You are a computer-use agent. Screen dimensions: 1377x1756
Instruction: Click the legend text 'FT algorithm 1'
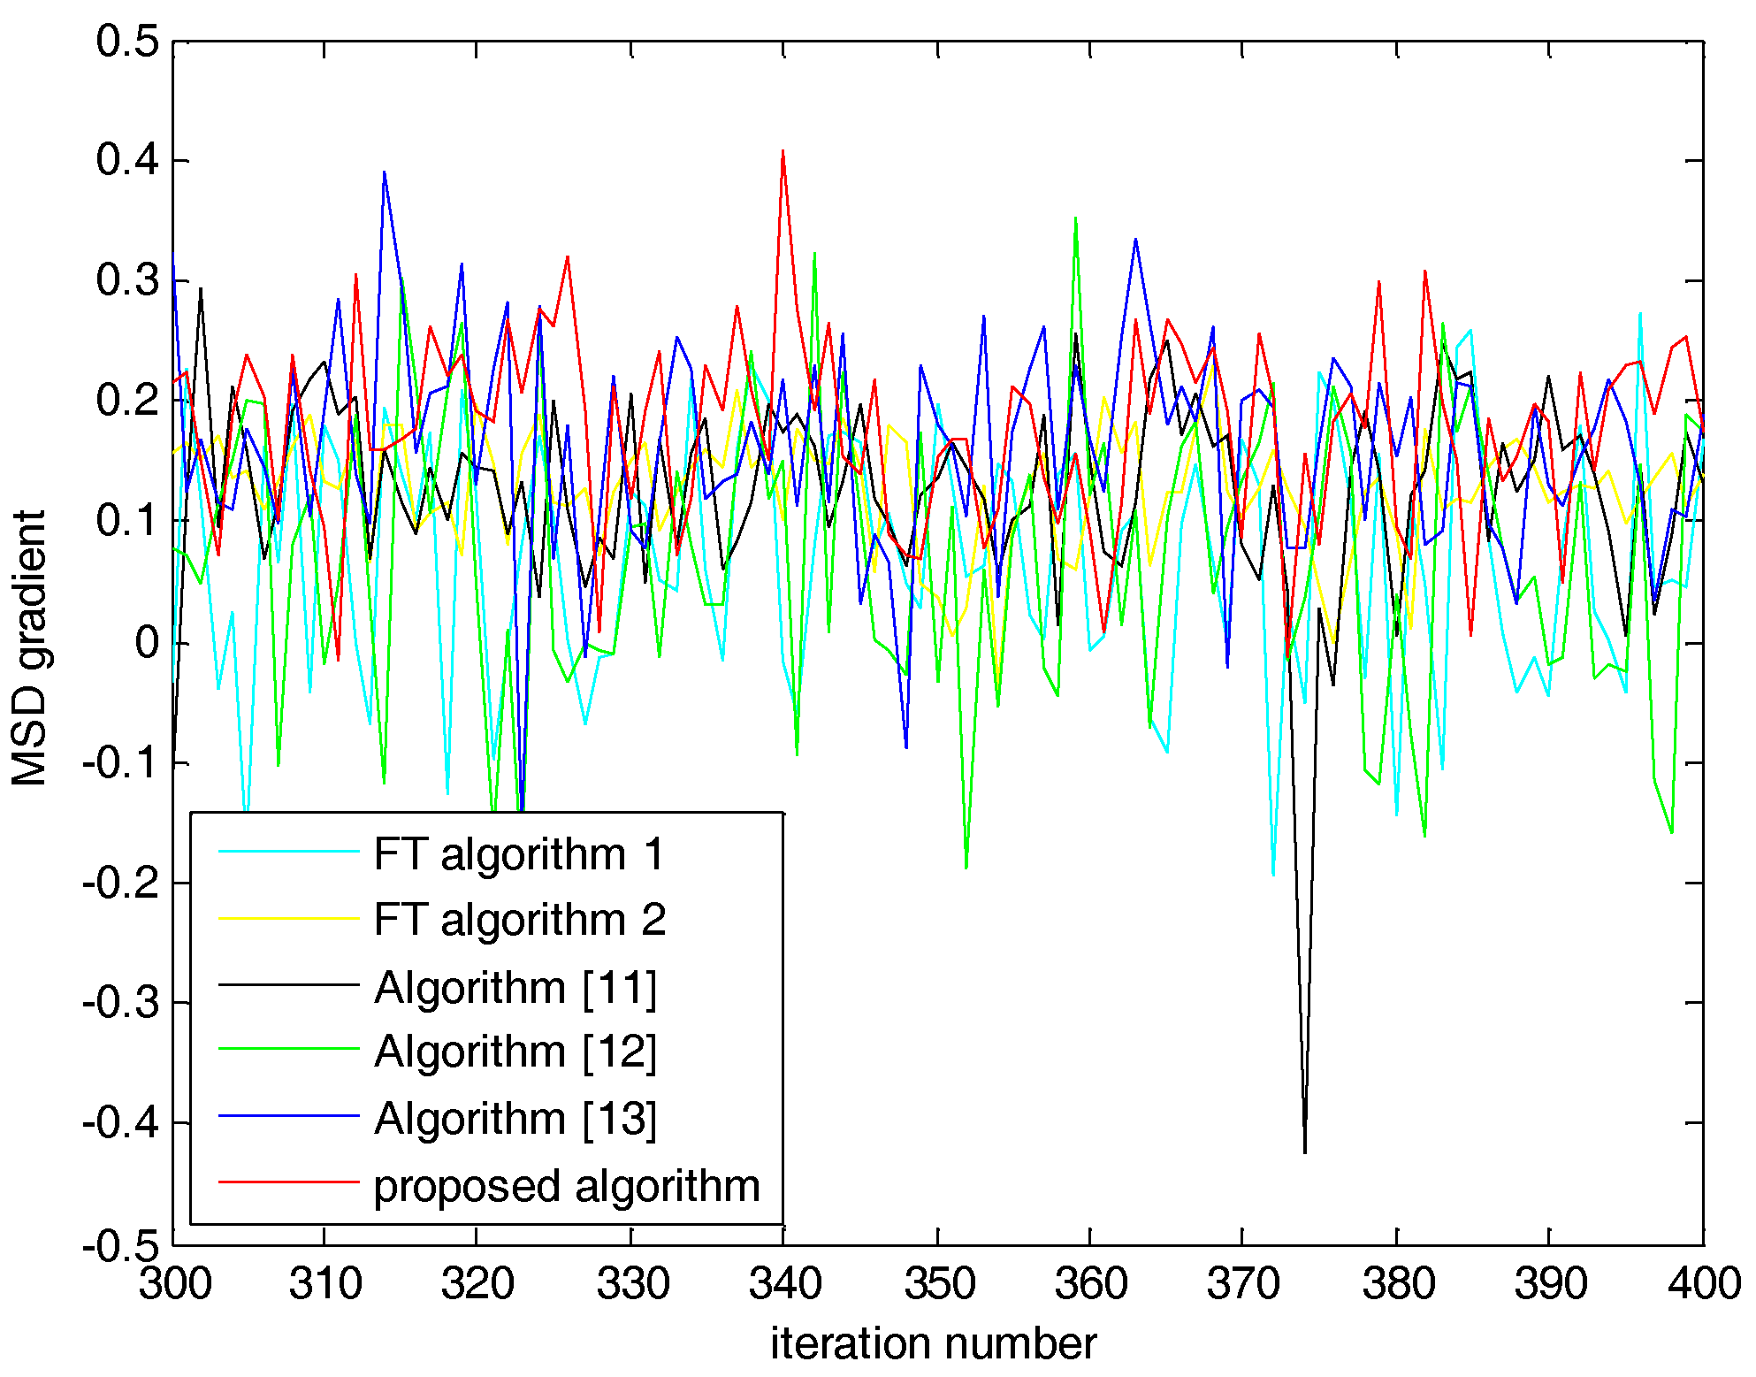click(x=518, y=854)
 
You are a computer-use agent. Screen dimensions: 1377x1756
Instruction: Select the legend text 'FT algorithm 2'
click(x=519, y=920)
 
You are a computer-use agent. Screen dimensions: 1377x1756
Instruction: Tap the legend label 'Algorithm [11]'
click(x=515, y=987)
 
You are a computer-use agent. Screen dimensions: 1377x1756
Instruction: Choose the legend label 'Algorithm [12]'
click(x=515, y=1052)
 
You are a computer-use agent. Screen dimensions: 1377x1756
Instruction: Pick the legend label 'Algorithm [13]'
click(x=515, y=1119)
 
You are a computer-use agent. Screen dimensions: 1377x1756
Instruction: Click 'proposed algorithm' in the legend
click(x=566, y=1186)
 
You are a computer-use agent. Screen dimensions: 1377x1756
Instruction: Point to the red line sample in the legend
click(x=288, y=1182)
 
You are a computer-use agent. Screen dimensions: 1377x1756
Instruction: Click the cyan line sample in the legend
click(x=288, y=852)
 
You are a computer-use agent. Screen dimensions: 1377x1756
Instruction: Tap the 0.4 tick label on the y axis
click(x=127, y=160)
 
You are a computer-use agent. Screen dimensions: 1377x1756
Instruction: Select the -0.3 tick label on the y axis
click(x=121, y=1002)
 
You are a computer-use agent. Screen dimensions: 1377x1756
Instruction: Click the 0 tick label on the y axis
click(x=147, y=642)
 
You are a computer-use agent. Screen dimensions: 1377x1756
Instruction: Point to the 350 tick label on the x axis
click(x=938, y=1283)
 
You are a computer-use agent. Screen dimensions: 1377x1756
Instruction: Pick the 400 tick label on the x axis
click(x=1704, y=1283)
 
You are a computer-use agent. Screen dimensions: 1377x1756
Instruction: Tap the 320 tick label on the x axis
click(x=477, y=1283)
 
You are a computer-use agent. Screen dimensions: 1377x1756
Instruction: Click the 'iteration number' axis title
click(x=933, y=1343)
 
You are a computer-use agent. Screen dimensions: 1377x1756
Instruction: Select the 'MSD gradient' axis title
click(x=28, y=647)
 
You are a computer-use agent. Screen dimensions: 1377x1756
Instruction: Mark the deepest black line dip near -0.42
click(x=1304, y=1151)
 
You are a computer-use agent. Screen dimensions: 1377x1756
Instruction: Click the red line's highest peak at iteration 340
click(x=783, y=152)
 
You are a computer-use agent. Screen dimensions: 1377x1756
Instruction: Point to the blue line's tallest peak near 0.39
click(x=384, y=173)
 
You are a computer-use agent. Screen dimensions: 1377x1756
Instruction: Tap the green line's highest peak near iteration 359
click(x=1075, y=218)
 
